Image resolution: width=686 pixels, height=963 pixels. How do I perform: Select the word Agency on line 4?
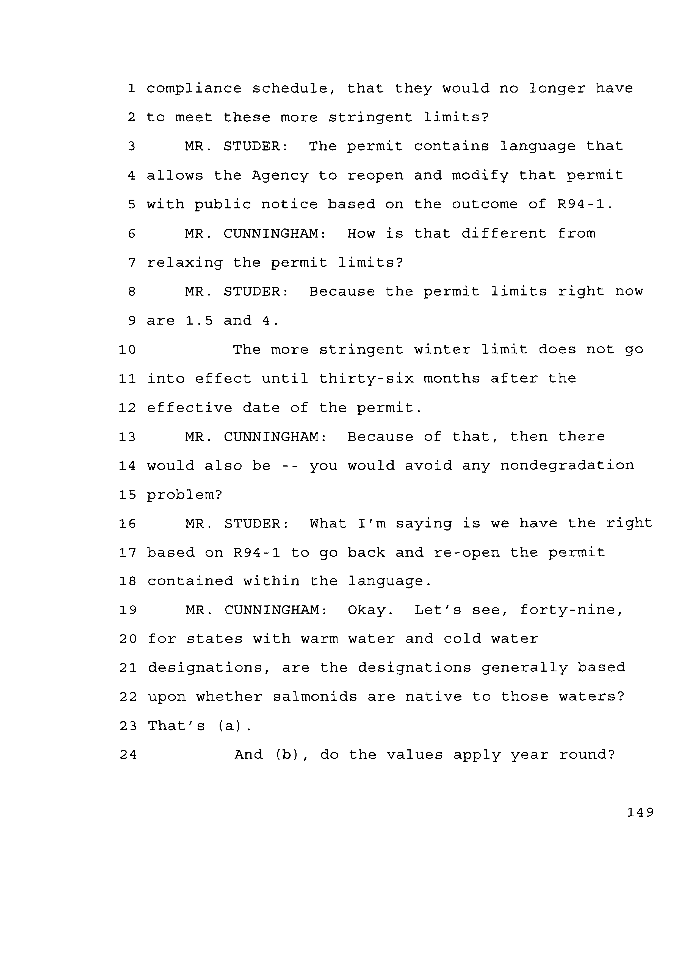280,175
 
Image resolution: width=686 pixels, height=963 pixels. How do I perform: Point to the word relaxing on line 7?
185,263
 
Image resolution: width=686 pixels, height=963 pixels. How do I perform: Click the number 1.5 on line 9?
199,321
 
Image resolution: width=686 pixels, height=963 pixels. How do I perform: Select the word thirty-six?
366,379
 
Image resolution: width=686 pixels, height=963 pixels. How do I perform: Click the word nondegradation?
567,465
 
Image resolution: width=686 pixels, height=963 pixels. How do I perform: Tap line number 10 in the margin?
127,350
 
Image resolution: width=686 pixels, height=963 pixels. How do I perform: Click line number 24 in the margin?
128,755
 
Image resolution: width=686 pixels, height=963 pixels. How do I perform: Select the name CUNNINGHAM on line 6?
275,233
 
